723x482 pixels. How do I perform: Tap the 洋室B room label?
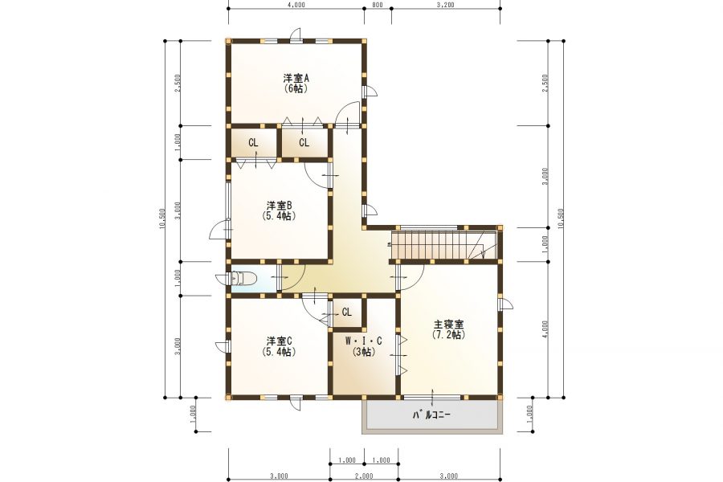point(279,205)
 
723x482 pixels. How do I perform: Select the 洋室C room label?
point(279,341)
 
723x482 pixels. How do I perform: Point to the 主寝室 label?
point(448,324)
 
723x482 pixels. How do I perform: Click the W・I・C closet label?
point(364,341)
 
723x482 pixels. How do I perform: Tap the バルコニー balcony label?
point(431,415)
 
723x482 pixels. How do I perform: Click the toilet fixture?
point(243,278)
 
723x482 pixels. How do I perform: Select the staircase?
point(443,244)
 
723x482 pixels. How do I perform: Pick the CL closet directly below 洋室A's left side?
point(253,142)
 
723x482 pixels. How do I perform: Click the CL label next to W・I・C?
point(347,312)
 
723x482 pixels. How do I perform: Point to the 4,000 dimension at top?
point(296,5)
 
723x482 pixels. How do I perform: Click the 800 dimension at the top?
point(378,5)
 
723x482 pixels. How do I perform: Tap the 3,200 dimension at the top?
point(445,5)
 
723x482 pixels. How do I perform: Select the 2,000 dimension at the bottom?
point(364,476)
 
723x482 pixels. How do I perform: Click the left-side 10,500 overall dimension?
point(161,219)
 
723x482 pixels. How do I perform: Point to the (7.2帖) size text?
point(448,335)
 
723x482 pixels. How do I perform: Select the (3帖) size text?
point(364,352)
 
